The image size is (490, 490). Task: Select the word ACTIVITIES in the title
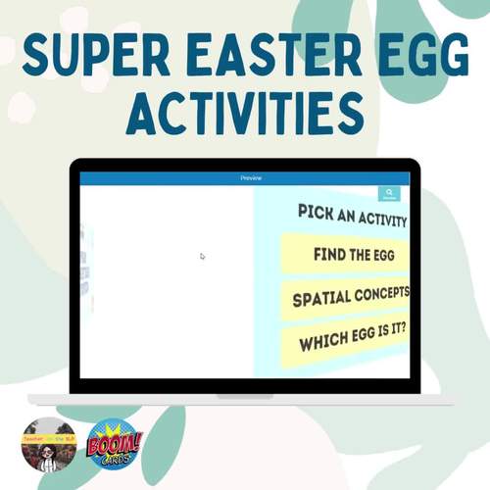point(245,116)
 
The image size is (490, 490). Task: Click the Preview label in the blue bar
point(251,178)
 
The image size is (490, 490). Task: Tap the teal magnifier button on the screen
point(389,194)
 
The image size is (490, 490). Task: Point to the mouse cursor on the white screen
point(203,256)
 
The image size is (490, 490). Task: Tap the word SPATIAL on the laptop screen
point(319,297)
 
